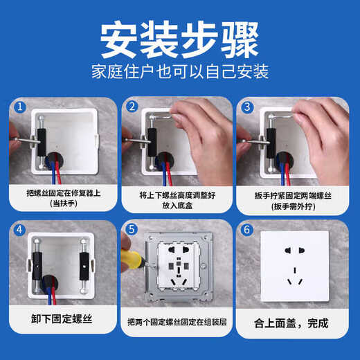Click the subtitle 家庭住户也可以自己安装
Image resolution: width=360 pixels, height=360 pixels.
coord(180,72)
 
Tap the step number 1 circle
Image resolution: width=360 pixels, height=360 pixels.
coord(21,107)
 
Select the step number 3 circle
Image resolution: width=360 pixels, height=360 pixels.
coord(247,107)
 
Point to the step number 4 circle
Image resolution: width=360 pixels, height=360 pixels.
coord(21,231)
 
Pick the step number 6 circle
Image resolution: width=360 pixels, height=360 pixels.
coord(247,231)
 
